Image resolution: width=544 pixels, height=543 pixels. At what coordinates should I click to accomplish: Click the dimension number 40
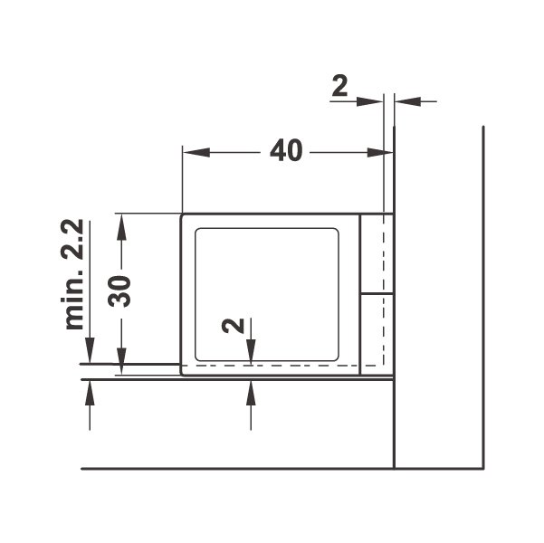(x=286, y=151)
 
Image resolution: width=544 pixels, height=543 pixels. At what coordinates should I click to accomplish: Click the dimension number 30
(x=119, y=291)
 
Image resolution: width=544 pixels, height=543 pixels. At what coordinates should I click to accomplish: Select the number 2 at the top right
(x=339, y=86)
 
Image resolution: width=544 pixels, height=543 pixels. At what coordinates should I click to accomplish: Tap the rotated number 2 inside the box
(x=234, y=326)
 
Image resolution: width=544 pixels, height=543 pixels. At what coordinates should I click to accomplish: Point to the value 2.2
(x=72, y=239)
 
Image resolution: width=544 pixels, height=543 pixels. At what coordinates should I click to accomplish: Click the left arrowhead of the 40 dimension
(x=196, y=152)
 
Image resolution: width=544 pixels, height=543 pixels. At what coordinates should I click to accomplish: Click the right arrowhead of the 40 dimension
(x=379, y=152)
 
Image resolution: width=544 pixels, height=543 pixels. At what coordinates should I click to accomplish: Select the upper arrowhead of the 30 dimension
(x=121, y=227)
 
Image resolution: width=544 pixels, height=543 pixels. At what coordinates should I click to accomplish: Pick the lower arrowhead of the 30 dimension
(x=121, y=361)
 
